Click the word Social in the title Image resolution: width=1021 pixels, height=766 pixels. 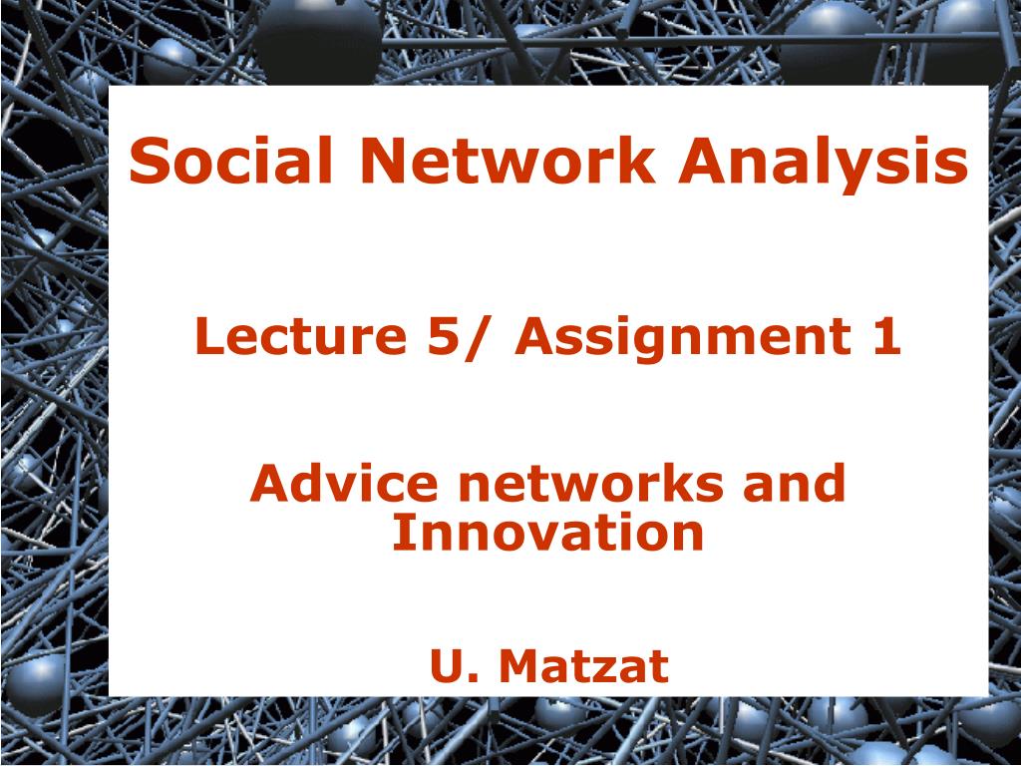pos(231,161)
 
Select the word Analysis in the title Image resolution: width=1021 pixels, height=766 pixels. pos(824,165)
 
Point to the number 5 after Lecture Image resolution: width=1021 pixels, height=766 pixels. pos(442,336)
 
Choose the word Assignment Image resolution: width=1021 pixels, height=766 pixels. pos(684,340)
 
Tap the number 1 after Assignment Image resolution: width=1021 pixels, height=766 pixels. pos(887,336)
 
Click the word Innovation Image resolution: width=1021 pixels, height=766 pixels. pos(547,533)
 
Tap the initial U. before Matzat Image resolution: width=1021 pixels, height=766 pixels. pos(455,665)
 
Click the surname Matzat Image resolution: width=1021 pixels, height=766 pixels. pos(584,665)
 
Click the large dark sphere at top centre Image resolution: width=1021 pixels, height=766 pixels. pos(318,38)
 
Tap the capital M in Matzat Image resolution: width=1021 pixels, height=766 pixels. pos(521,665)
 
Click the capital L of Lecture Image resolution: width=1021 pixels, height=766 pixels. pos(208,336)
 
